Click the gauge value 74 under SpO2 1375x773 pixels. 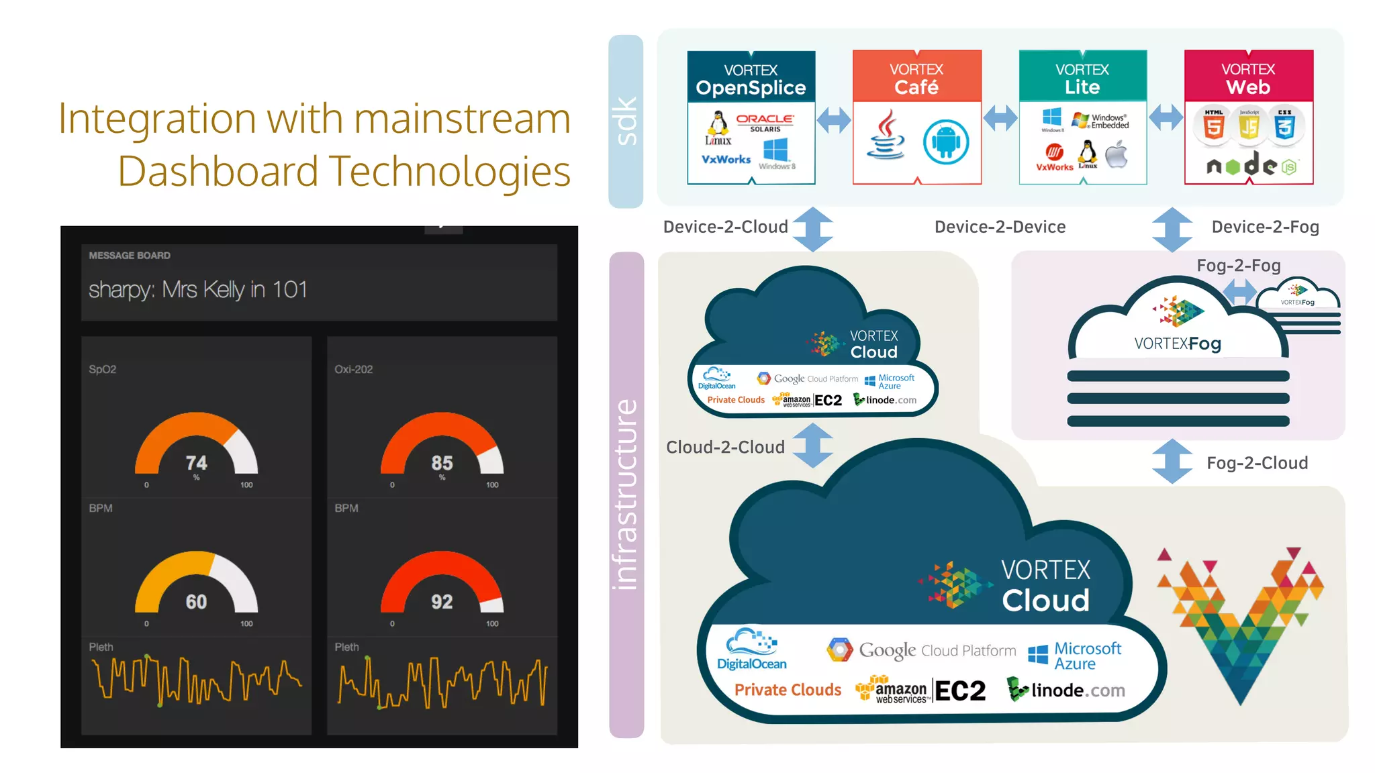pyautogui.click(x=196, y=462)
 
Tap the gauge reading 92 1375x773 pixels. pyautogui.click(x=442, y=601)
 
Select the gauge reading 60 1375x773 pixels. pyautogui.click(x=196, y=601)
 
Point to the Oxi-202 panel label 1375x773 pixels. pyautogui.click(x=353, y=369)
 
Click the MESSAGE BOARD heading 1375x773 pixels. pyautogui.click(x=130, y=256)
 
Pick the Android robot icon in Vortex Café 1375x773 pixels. pyautogui.click(x=945, y=142)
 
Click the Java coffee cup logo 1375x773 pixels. pyautogui.click(x=886, y=136)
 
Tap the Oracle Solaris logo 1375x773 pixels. pyautogui.click(x=765, y=122)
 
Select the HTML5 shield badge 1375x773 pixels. pyautogui.click(x=1213, y=125)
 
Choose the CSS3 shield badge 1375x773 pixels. pyautogui.click(x=1284, y=125)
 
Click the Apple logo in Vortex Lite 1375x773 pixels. pyautogui.click(x=1117, y=155)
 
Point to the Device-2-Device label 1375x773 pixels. pyautogui.click(x=1000, y=227)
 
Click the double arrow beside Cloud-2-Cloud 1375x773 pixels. pyautogui.click(x=812, y=446)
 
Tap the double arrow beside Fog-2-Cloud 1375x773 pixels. pyautogui.click(x=1172, y=462)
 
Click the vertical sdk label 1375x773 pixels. pyautogui.click(x=626, y=121)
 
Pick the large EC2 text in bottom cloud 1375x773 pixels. pyautogui.click(x=960, y=690)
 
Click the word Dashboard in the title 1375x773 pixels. pyautogui.click(x=218, y=171)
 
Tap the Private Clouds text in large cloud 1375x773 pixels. pyautogui.click(x=788, y=690)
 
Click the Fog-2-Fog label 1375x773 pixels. pyautogui.click(x=1239, y=266)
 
